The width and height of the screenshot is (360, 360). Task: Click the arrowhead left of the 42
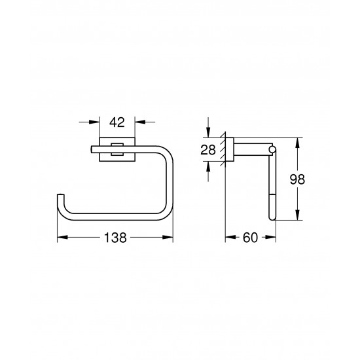coord(96,122)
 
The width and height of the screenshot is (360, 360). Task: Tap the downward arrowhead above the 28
coord(208,132)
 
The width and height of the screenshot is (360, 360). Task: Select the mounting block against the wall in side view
coord(230,150)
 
